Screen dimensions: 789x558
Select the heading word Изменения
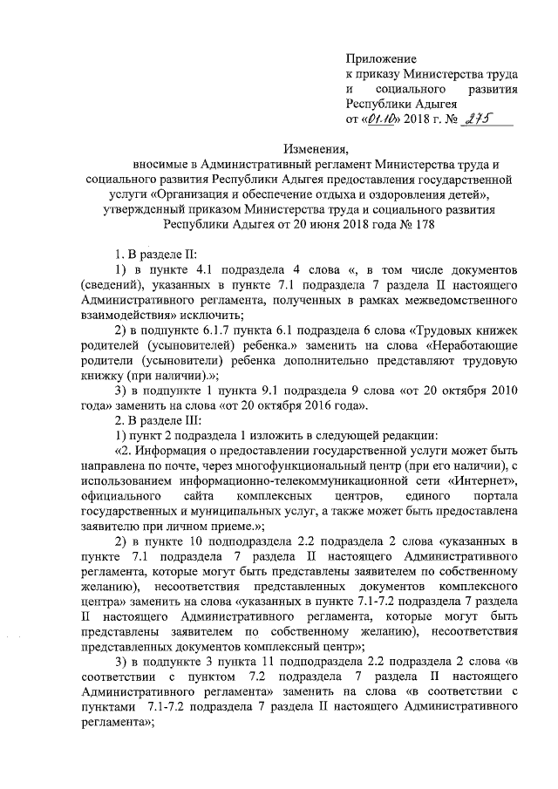320,147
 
